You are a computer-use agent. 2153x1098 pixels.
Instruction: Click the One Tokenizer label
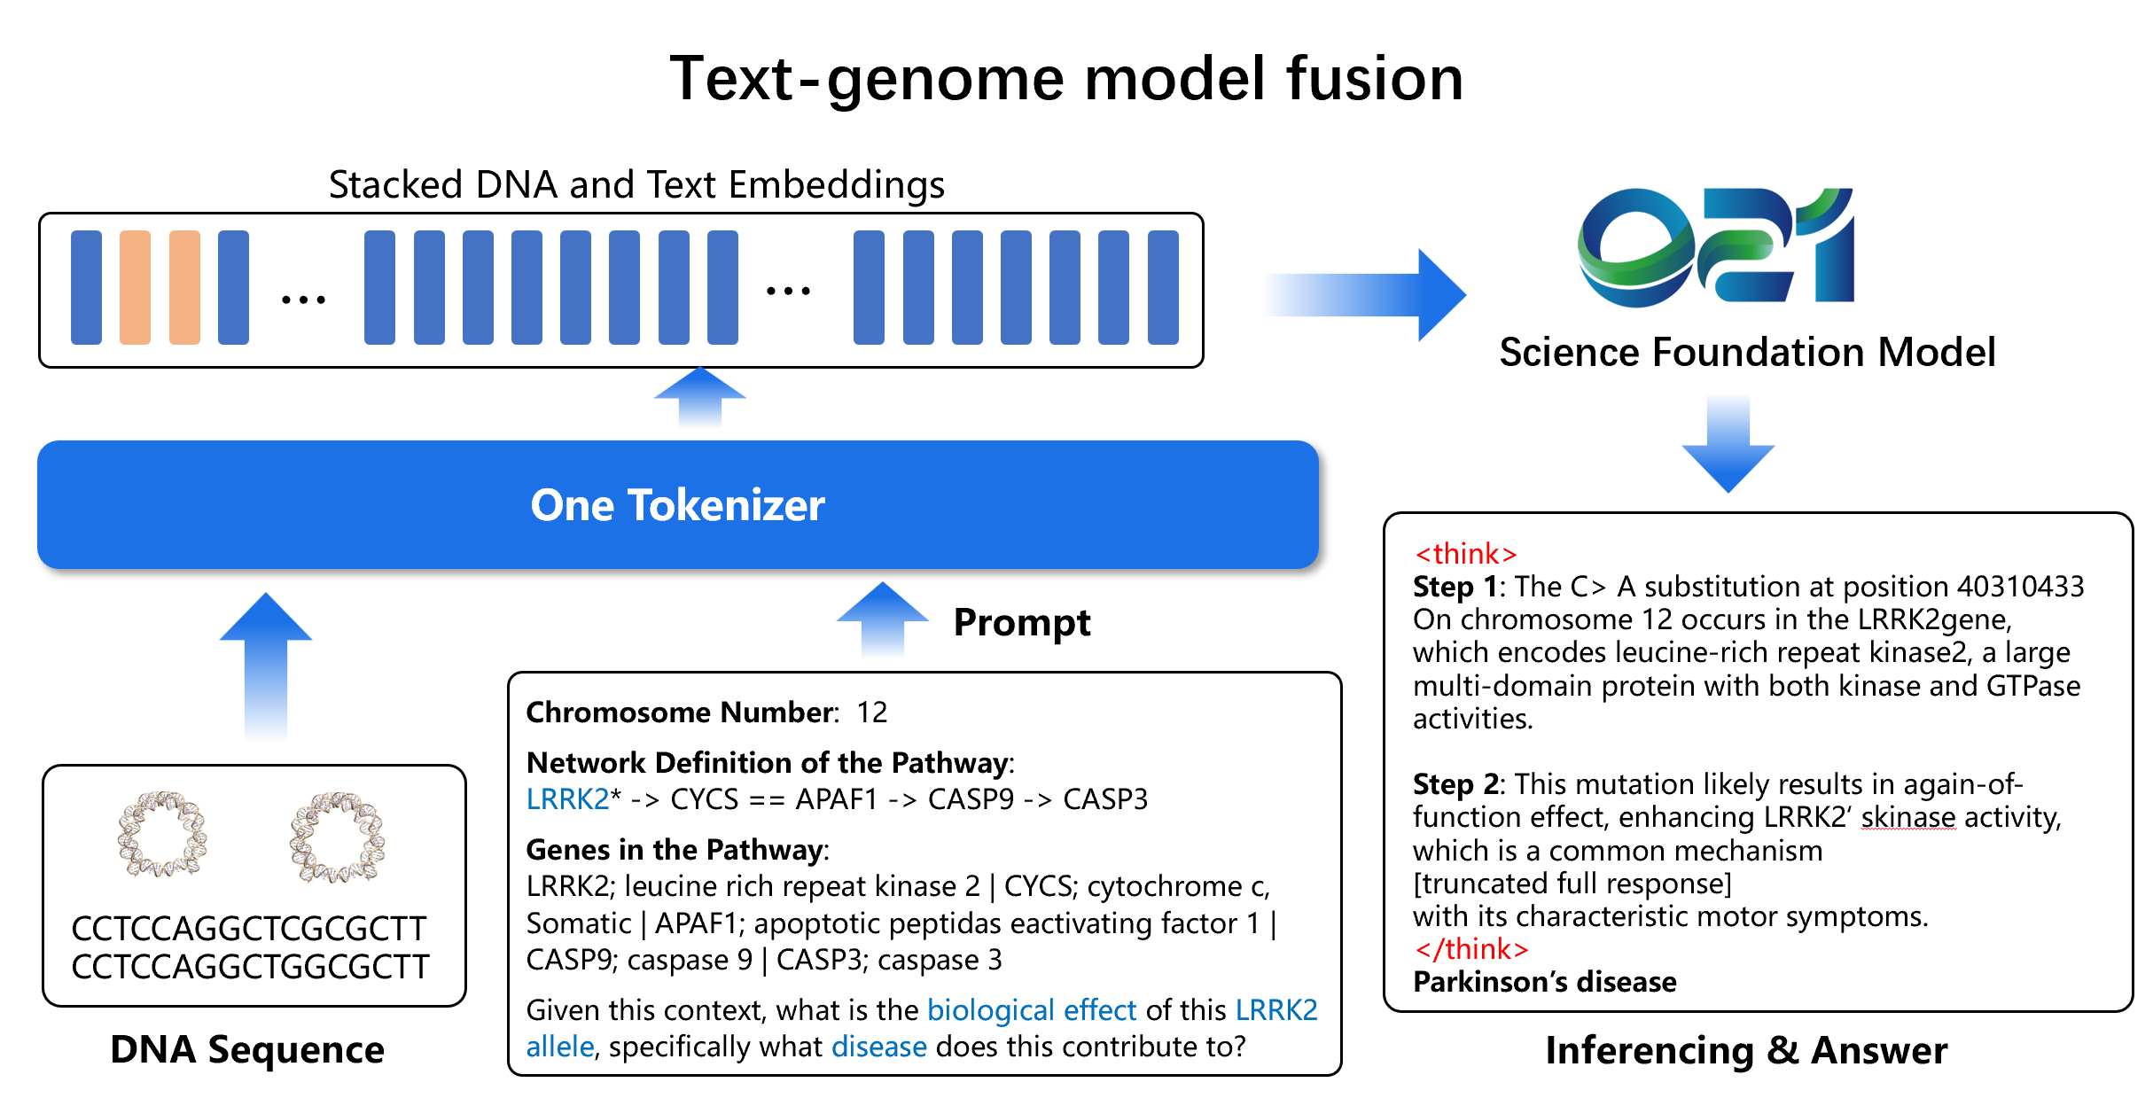point(677,505)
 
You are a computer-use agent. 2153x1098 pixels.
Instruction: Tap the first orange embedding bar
point(135,287)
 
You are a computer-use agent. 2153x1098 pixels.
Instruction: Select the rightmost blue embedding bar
point(1162,287)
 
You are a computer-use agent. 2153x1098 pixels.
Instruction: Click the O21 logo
point(1715,247)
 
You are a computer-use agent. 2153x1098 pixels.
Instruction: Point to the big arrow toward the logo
point(1365,294)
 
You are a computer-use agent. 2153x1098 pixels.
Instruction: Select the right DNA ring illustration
point(336,837)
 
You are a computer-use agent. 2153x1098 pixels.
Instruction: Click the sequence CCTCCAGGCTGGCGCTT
point(250,967)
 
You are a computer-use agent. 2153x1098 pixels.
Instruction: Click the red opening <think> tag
point(1465,554)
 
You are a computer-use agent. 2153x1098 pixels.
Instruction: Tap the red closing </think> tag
point(1471,949)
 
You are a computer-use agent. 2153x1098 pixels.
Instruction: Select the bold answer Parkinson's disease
point(1544,982)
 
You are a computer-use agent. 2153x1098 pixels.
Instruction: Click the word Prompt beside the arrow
point(1021,622)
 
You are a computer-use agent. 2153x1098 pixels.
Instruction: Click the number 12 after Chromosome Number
point(871,713)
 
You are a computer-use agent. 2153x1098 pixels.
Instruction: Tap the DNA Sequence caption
point(247,1050)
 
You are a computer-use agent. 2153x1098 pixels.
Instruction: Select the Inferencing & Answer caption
point(1745,1051)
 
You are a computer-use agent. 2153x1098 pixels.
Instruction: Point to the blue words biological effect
point(1031,1010)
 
